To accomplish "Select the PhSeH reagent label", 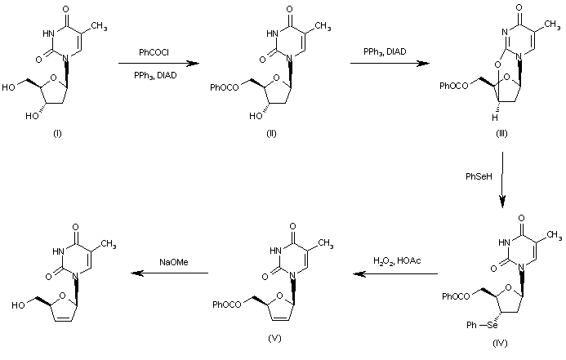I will coord(478,176).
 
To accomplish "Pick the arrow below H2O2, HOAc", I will coord(390,273).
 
